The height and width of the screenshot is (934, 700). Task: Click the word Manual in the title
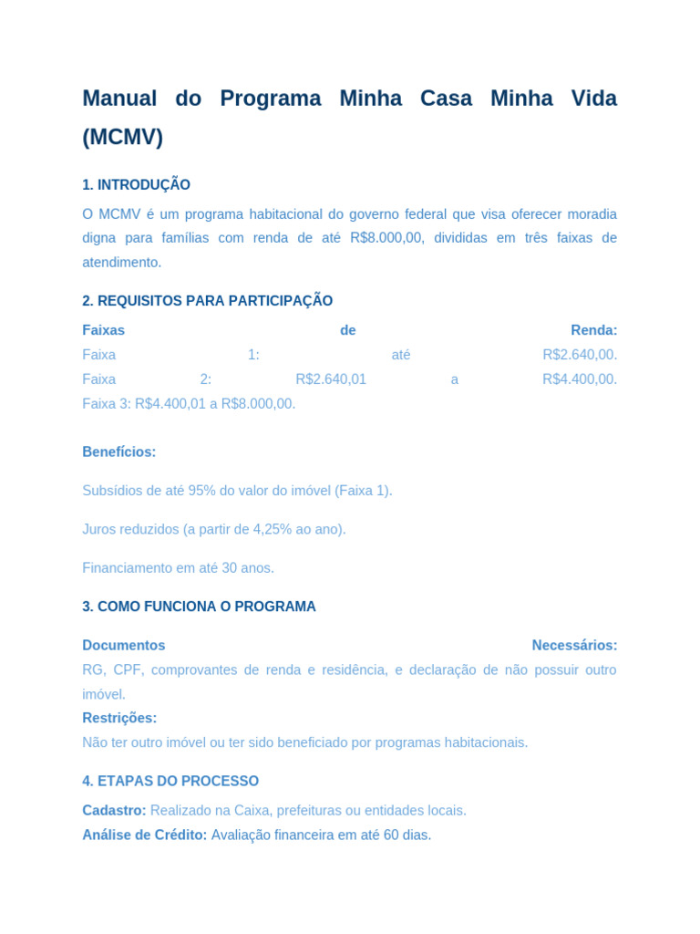click(x=119, y=99)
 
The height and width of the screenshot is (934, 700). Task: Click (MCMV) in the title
click(x=122, y=138)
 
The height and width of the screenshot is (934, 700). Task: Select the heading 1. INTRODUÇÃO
click(x=136, y=185)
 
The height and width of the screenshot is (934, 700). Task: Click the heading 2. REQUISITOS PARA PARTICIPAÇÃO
click(x=207, y=301)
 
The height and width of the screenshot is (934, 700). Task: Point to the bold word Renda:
click(x=593, y=330)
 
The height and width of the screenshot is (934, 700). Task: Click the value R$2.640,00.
click(x=580, y=355)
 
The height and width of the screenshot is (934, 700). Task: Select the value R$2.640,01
click(x=331, y=379)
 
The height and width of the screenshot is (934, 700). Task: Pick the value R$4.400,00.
click(x=580, y=379)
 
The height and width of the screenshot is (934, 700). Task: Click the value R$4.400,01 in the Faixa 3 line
click(x=170, y=404)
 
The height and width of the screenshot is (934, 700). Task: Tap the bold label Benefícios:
click(x=118, y=452)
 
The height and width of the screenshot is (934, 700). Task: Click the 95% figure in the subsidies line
click(x=201, y=491)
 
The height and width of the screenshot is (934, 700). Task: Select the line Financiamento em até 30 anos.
click(x=178, y=568)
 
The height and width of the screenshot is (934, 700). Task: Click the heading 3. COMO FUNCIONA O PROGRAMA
click(x=199, y=607)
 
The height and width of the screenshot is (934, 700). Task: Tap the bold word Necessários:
click(x=574, y=646)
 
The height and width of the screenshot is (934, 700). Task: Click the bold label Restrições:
click(x=119, y=718)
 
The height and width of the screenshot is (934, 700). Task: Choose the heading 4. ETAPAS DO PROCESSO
click(x=170, y=782)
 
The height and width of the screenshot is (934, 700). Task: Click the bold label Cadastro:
click(x=114, y=811)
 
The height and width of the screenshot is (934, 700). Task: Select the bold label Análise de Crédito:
click(x=144, y=835)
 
